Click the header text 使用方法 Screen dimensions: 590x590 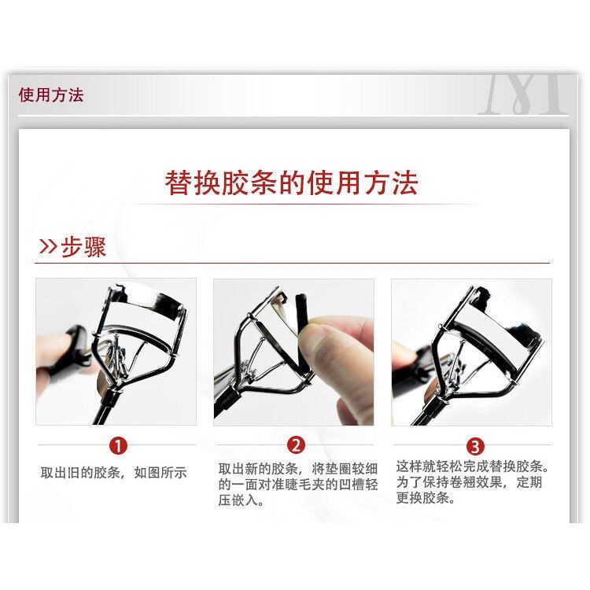coord(51,96)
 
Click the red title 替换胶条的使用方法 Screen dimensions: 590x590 coord(291,183)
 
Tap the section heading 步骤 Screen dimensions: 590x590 coord(83,247)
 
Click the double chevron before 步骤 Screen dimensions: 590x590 coord(48,248)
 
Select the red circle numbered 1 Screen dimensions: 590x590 coord(117,446)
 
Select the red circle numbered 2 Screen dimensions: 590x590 coord(295,445)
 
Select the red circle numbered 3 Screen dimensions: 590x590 coord(475,446)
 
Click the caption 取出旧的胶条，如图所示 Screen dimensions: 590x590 coord(114,473)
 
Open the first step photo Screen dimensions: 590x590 coord(116,352)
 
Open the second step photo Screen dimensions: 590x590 coord(293,352)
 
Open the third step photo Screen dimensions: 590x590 coord(471,352)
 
